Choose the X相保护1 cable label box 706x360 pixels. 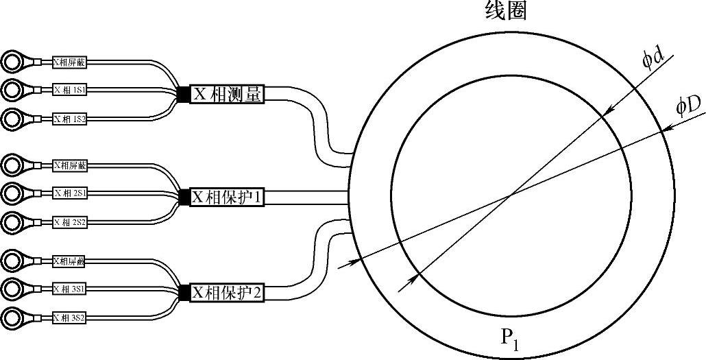coord(227,197)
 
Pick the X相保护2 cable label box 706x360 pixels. coord(227,293)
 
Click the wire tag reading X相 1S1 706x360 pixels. coord(69,90)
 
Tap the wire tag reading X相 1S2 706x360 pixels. coord(69,119)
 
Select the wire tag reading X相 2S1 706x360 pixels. coord(69,193)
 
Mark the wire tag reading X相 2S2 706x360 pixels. coord(69,221)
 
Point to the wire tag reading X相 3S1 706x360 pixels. coord(69,289)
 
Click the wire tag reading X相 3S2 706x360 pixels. coord(69,317)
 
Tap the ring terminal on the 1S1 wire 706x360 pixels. coord(13,90)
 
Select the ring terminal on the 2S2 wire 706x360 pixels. coord(13,221)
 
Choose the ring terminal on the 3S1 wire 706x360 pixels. coord(13,289)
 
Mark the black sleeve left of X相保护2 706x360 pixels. coord(183,293)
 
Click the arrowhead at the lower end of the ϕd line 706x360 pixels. coord(413,276)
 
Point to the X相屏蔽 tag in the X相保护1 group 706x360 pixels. coord(69,165)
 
